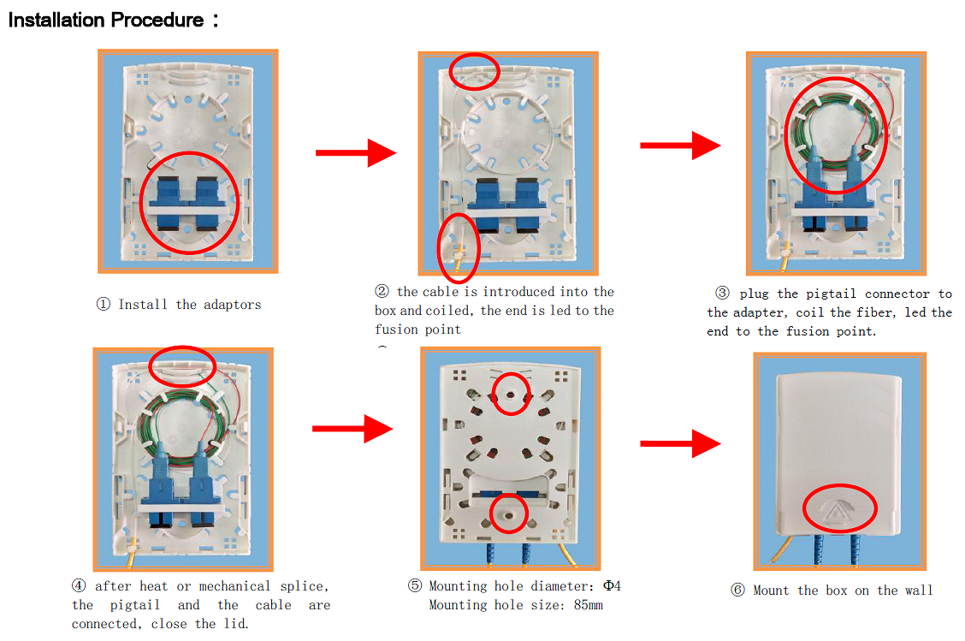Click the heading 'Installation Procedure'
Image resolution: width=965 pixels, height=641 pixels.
(x=105, y=20)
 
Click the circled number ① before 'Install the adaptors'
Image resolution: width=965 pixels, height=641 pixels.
(x=104, y=304)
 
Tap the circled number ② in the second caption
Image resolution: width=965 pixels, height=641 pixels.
(x=382, y=291)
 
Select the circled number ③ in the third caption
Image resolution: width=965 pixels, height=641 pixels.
(x=722, y=293)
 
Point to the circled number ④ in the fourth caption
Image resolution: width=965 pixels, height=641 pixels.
(x=79, y=585)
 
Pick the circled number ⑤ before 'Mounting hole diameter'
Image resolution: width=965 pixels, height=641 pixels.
(x=415, y=585)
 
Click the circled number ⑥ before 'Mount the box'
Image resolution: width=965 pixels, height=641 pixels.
(x=738, y=590)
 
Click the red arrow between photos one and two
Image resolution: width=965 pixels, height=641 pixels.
(x=356, y=152)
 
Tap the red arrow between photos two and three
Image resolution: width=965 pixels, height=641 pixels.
(x=680, y=145)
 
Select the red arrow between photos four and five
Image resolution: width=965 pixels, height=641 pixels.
(x=352, y=429)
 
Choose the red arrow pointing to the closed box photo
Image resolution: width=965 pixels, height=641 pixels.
(x=680, y=443)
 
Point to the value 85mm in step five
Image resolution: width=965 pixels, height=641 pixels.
(x=589, y=605)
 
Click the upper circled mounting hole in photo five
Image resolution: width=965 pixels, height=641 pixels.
(x=511, y=394)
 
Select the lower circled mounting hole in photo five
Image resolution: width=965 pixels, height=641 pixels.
(x=508, y=513)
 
